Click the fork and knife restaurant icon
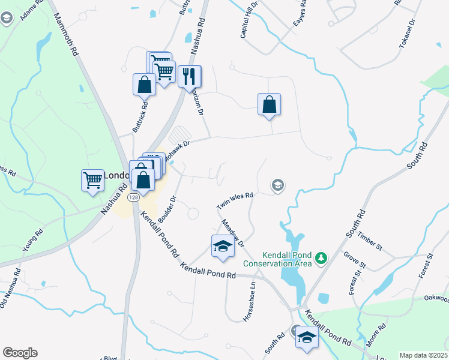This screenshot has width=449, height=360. (x=190, y=76)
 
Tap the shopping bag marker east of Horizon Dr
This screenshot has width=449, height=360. (x=270, y=104)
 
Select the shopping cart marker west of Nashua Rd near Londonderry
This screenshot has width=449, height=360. (x=92, y=181)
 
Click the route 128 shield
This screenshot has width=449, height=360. (x=133, y=197)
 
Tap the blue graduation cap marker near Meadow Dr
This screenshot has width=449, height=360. (x=223, y=247)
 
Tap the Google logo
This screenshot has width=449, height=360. (x=20, y=353)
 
